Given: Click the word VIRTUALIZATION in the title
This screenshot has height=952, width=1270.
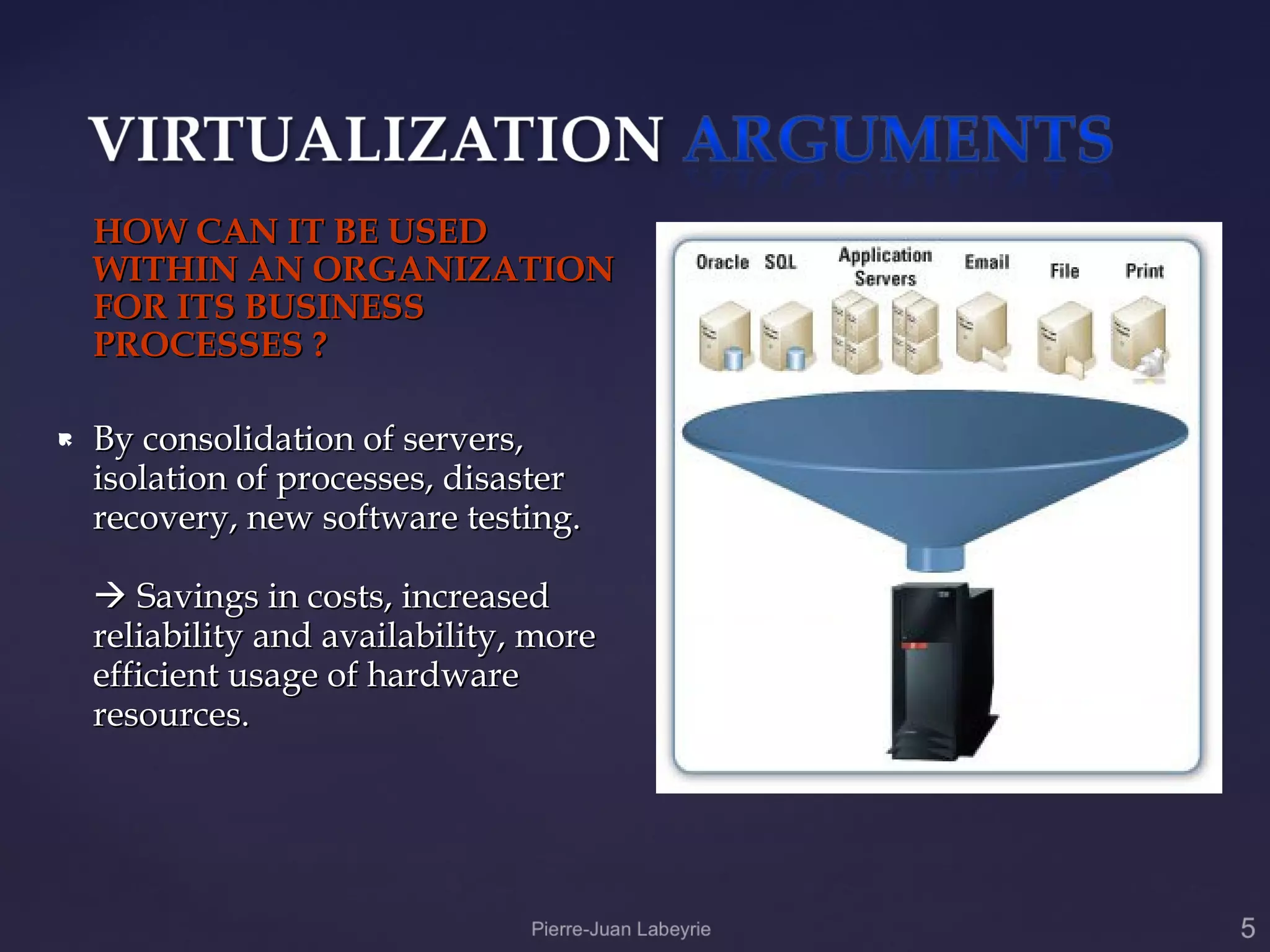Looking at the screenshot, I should click(x=376, y=139).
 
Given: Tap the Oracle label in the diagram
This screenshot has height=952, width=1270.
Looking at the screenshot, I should click(x=722, y=262).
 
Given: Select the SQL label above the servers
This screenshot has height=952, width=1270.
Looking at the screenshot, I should click(x=780, y=262).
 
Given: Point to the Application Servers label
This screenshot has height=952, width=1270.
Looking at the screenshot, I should click(x=885, y=267).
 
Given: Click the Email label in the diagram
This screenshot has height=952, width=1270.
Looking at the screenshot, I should click(x=987, y=262).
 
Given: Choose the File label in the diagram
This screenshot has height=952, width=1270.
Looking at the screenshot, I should click(x=1064, y=271).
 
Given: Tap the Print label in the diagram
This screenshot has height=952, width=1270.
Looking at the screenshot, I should click(x=1144, y=271).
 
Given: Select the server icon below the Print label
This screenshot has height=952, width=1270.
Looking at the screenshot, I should click(x=1139, y=338).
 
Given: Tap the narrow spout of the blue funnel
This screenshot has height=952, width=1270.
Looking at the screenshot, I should click(x=935, y=557).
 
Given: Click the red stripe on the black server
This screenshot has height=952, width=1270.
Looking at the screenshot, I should click(x=914, y=646).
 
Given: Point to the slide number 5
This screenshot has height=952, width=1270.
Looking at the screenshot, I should click(x=1248, y=928).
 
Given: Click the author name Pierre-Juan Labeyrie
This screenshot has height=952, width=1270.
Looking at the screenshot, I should click(x=621, y=929).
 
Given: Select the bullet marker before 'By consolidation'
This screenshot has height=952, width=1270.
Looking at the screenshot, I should click(x=65, y=441).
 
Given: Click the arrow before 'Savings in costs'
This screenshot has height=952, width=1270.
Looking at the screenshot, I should click(x=110, y=596).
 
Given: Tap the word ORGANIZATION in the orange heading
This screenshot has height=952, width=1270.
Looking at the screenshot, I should click(x=463, y=270).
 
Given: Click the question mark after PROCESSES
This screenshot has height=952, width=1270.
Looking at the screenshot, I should click(x=319, y=345).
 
